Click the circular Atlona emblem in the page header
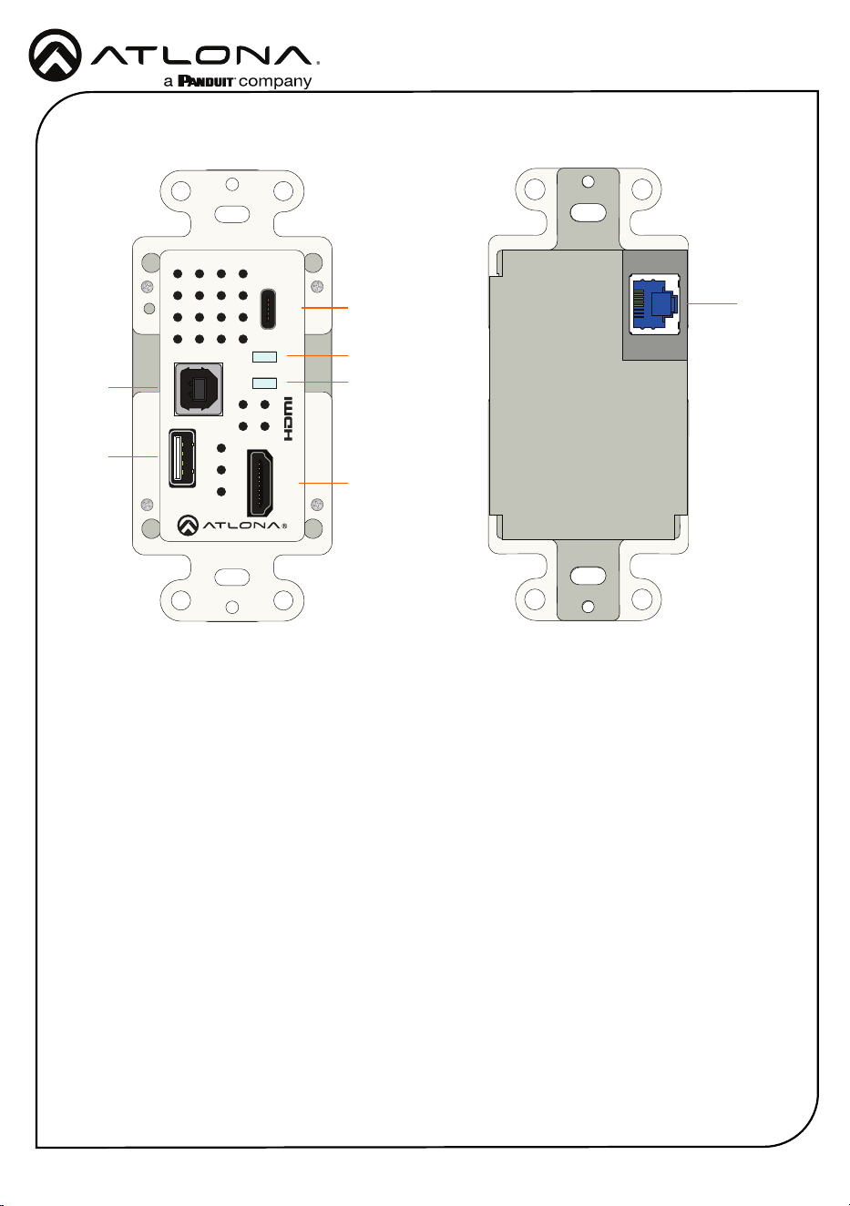55,56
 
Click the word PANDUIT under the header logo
206,81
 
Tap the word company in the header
275,82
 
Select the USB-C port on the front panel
268,309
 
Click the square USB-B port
199,389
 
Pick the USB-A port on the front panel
182,458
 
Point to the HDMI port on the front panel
260,484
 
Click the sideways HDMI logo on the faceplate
288,419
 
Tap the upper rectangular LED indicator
264,356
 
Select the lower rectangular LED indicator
264,383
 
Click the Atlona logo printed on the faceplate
232,526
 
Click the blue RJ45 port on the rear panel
654,304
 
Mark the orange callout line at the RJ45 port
711,303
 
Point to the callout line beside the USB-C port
325,308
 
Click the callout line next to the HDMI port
323,483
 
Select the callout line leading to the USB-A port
133,456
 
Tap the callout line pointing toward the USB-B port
133,386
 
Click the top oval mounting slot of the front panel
231,214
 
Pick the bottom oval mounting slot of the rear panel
589,576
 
